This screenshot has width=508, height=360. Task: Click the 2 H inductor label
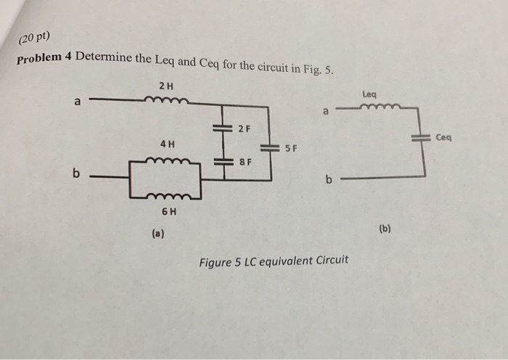[165, 86]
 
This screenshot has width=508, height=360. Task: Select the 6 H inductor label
[169, 212]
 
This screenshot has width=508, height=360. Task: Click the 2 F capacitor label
[244, 129]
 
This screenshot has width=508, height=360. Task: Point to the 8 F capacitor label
[245, 162]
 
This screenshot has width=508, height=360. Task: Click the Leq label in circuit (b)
[369, 94]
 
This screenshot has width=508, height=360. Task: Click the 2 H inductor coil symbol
[171, 102]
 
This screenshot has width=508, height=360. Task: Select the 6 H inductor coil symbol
[172, 197]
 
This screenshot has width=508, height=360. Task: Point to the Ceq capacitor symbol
[420, 136]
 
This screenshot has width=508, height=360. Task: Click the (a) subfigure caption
[157, 233]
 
